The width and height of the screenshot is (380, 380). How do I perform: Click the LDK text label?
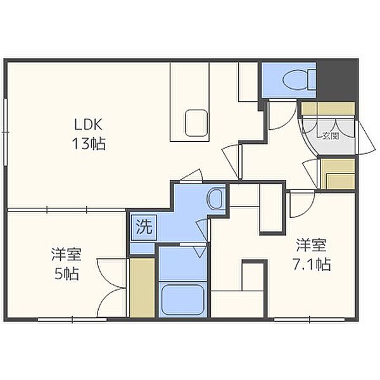(x=88, y=125)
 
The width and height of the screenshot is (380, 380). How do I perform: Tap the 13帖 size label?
(x=89, y=144)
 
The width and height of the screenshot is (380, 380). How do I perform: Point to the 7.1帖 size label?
(x=312, y=264)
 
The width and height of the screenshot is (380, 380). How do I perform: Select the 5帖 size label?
(x=66, y=274)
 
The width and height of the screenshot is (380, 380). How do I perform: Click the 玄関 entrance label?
(x=331, y=136)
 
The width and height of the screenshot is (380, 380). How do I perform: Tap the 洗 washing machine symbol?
(x=144, y=227)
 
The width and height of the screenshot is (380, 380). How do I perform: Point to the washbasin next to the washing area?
(x=215, y=198)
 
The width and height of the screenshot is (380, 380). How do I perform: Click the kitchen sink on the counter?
(x=196, y=123)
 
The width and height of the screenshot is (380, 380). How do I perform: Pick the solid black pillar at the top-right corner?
(x=337, y=80)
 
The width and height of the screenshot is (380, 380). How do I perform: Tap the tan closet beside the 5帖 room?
(x=142, y=288)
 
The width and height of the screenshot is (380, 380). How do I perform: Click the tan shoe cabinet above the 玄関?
(x=328, y=108)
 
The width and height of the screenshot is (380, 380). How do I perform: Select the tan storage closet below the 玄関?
(x=338, y=174)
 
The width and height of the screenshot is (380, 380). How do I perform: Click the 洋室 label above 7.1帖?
(x=312, y=245)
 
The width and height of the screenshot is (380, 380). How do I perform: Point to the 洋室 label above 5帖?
(x=66, y=255)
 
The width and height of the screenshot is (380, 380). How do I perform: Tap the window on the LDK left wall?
(x=6, y=132)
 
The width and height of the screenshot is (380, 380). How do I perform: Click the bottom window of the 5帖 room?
(x=72, y=320)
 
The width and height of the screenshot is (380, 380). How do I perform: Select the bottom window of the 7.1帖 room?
(x=310, y=320)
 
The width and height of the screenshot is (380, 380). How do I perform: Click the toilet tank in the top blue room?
(x=312, y=79)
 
